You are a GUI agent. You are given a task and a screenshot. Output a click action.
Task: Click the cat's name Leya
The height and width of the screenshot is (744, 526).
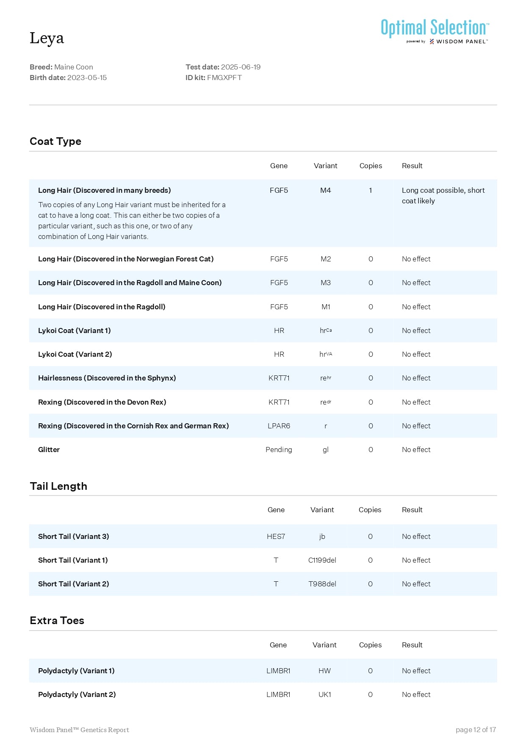(x=47, y=38)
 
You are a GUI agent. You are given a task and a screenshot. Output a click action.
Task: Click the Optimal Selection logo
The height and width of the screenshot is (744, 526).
(x=435, y=31)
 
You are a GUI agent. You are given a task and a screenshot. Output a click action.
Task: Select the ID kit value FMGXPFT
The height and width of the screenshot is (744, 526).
(x=224, y=78)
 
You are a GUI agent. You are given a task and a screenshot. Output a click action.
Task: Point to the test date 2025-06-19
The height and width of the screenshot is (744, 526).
(x=241, y=67)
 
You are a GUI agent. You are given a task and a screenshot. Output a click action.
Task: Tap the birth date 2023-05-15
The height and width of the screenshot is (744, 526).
(x=87, y=78)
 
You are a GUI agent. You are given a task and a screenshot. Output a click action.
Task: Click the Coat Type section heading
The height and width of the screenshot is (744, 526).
(x=55, y=142)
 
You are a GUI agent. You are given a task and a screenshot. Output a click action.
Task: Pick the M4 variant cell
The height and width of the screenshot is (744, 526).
(x=325, y=190)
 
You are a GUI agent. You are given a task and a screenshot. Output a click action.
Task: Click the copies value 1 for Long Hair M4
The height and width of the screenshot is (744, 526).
(x=371, y=190)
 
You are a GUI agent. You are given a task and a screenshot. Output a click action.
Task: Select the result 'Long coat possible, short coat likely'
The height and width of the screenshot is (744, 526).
(x=443, y=195)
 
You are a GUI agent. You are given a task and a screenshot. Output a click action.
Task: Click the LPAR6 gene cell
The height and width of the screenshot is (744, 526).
(x=279, y=426)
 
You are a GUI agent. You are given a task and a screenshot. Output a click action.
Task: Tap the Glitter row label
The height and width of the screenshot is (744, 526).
(x=49, y=450)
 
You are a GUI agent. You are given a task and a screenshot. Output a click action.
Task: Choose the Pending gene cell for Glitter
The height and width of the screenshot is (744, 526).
(x=279, y=450)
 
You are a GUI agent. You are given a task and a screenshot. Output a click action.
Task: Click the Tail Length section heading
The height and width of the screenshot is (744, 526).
(x=58, y=486)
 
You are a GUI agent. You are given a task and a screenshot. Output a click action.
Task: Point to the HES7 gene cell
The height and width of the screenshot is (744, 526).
(x=276, y=536)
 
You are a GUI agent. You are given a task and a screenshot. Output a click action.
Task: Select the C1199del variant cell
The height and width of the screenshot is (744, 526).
(x=322, y=560)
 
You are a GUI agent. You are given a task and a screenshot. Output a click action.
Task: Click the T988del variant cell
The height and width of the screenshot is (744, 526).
(x=322, y=584)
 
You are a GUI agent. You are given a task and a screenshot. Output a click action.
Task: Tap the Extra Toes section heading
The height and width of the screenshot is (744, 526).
(x=57, y=621)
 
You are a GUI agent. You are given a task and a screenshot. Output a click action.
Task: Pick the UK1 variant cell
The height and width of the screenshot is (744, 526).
(x=325, y=694)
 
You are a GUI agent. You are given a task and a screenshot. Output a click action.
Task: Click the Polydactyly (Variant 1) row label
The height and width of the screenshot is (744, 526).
(x=76, y=671)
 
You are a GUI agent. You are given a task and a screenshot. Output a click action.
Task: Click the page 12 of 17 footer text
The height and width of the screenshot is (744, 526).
(x=476, y=730)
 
